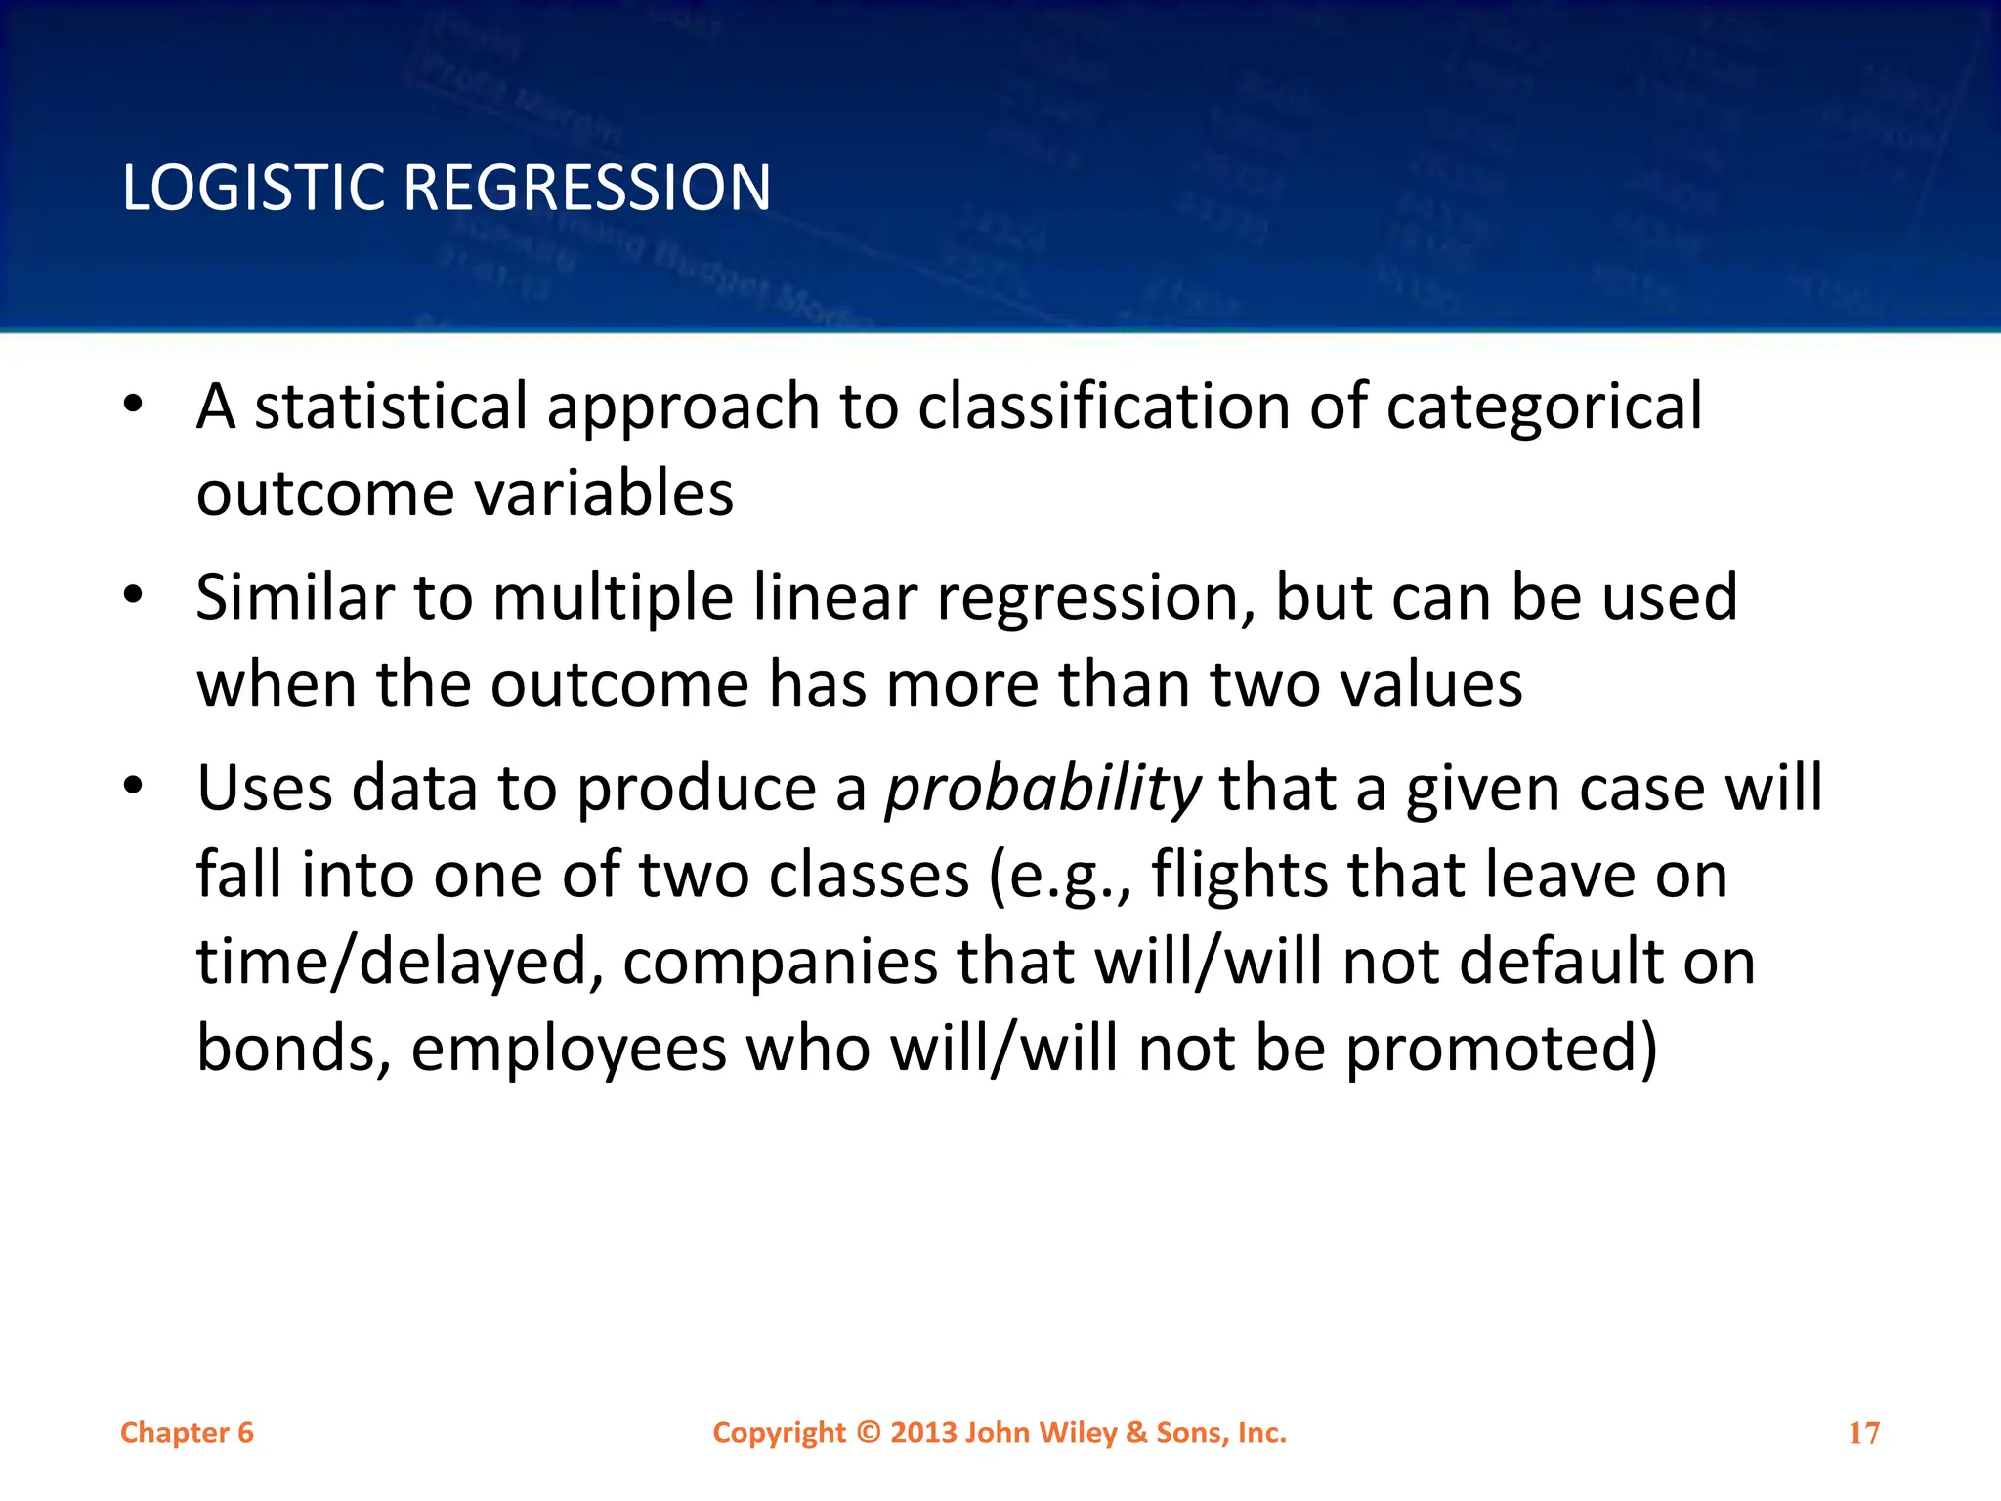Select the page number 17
click(x=1863, y=1434)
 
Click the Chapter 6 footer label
click(x=187, y=1433)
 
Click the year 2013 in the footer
click(x=923, y=1433)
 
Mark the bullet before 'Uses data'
click(x=134, y=785)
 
